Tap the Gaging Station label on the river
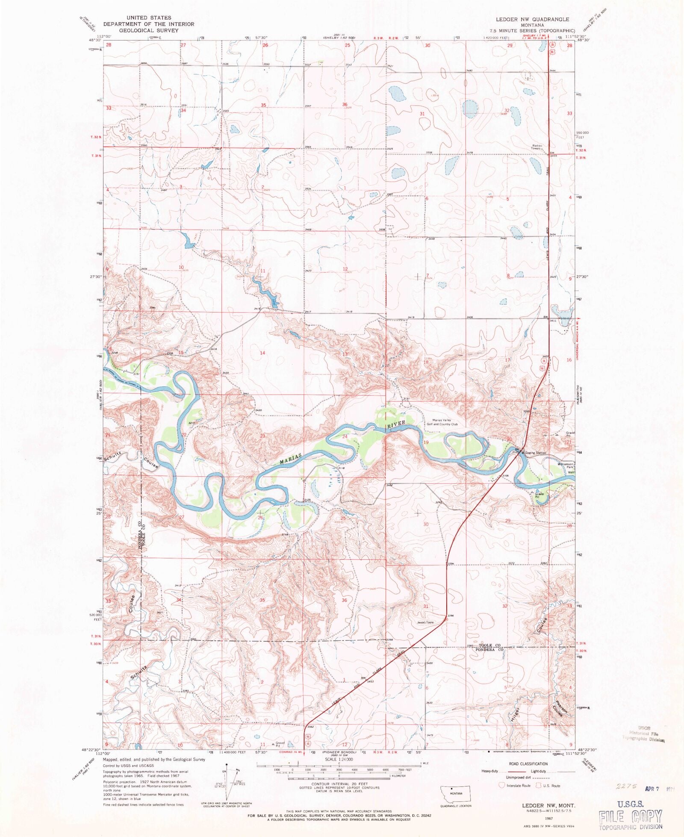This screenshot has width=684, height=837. [535, 453]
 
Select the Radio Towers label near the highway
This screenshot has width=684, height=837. [537, 147]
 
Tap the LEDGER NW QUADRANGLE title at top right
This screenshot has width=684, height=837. [532, 19]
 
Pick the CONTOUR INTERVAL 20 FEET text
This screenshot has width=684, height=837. [339, 784]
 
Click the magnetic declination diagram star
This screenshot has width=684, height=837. [227, 767]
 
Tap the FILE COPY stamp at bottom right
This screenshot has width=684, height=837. [630, 817]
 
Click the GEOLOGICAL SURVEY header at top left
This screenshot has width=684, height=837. [148, 30]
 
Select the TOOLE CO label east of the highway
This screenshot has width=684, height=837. [489, 645]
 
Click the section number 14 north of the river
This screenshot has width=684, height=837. [262, 353]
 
